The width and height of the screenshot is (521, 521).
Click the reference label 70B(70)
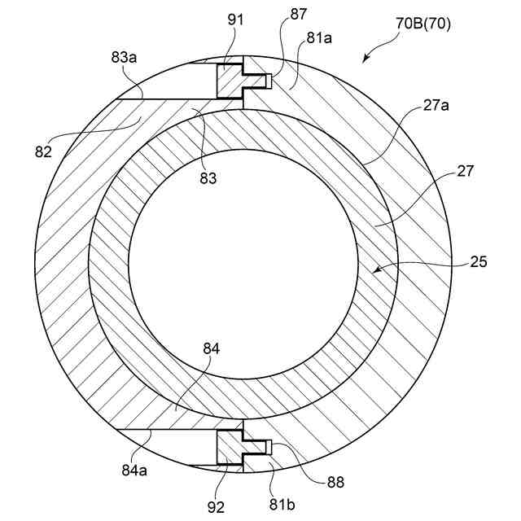(x=423, y=24)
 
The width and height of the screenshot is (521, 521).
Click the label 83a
(x=125, y=59)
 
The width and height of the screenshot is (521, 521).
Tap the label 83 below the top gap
(x=208, y=178)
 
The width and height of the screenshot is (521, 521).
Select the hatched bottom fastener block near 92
(x=232, y=449)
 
